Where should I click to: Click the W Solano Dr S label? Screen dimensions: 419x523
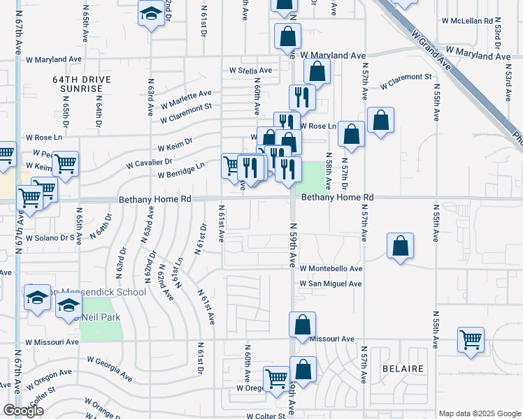click(x=50, y=238)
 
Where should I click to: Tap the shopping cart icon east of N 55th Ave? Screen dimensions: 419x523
click(x=471, y=340)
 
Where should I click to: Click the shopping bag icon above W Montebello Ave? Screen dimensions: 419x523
click(x=399, y=246)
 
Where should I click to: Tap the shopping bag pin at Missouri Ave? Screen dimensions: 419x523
click(x=302, y=325)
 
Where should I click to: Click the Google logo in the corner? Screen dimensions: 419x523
click(x=23, y=411)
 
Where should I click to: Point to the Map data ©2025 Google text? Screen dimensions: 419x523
click(x=480, y=413)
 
